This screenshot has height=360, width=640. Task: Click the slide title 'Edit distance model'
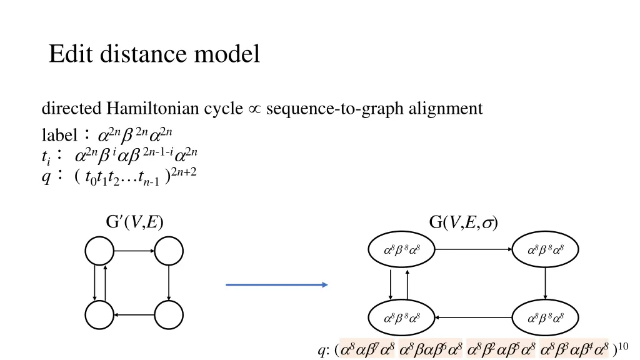click(154, 55)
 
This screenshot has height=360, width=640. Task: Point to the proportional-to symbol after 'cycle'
click(254, 109)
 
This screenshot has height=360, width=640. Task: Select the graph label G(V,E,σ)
click(463, 223)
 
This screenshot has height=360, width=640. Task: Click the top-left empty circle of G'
click(99, 252)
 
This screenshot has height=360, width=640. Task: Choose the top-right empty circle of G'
click(169, 252)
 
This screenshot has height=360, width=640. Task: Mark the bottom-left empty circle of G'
click(99, 314)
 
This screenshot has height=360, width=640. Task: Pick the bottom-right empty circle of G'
click(169, 314)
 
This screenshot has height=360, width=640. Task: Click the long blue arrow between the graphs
click(276, 285)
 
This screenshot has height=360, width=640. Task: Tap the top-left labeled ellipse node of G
click(401, 251)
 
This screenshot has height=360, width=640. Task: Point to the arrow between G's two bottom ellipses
click(473, 317)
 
